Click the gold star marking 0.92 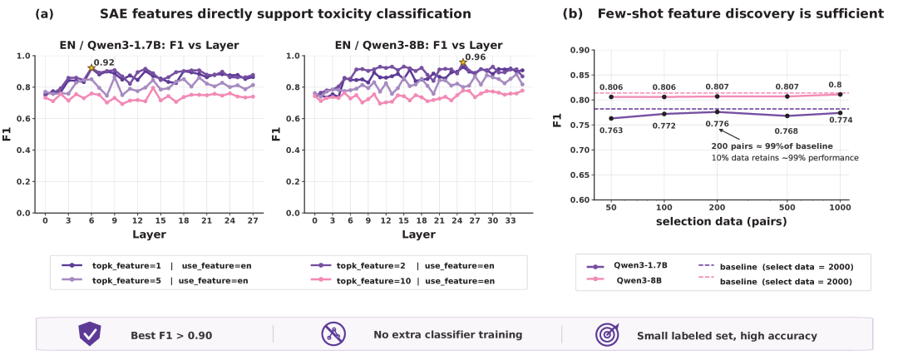[91, 68]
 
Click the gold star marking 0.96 [462, 62]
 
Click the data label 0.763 [611, 130]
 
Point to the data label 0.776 [717, 124]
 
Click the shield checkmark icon [90, 334]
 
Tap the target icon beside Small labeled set [608, 334]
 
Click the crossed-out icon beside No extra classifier [333, 334]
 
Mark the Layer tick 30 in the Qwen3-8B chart [492, 220]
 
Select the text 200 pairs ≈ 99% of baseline [772, 145]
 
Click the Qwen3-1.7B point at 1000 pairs [841, 112]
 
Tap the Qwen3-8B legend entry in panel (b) [639, 281]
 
